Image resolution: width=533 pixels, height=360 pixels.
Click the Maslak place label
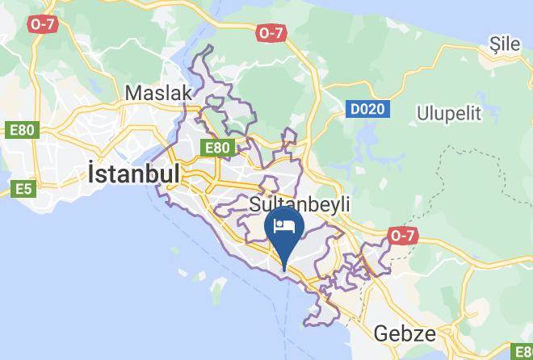pyautogui.click(x=158, y=94)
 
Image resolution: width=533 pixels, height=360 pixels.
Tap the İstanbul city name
pyautogui.click(x=132, y=173)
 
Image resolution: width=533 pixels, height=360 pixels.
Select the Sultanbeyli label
pyautogui.click(x=300, y=204)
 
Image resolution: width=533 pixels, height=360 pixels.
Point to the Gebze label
pyautogui.click(x=405, y=333)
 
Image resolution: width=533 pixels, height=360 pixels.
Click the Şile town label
pyautogui.click(x=506, y=44)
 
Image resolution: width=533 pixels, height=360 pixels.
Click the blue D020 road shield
pyautogui.click(x=367, y=108)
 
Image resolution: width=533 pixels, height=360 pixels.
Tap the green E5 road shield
pyautogui.click(x=23, y=190)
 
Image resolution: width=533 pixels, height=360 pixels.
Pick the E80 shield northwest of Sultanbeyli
pyautogui.click(x=218, y=148)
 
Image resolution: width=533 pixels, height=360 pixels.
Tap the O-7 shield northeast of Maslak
pyautogui.click(x=271, y=32)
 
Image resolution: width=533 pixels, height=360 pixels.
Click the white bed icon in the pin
pyautogui.click(x=284, y=225)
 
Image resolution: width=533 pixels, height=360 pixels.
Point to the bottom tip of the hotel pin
pyautogui.click(x=284, y=269)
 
